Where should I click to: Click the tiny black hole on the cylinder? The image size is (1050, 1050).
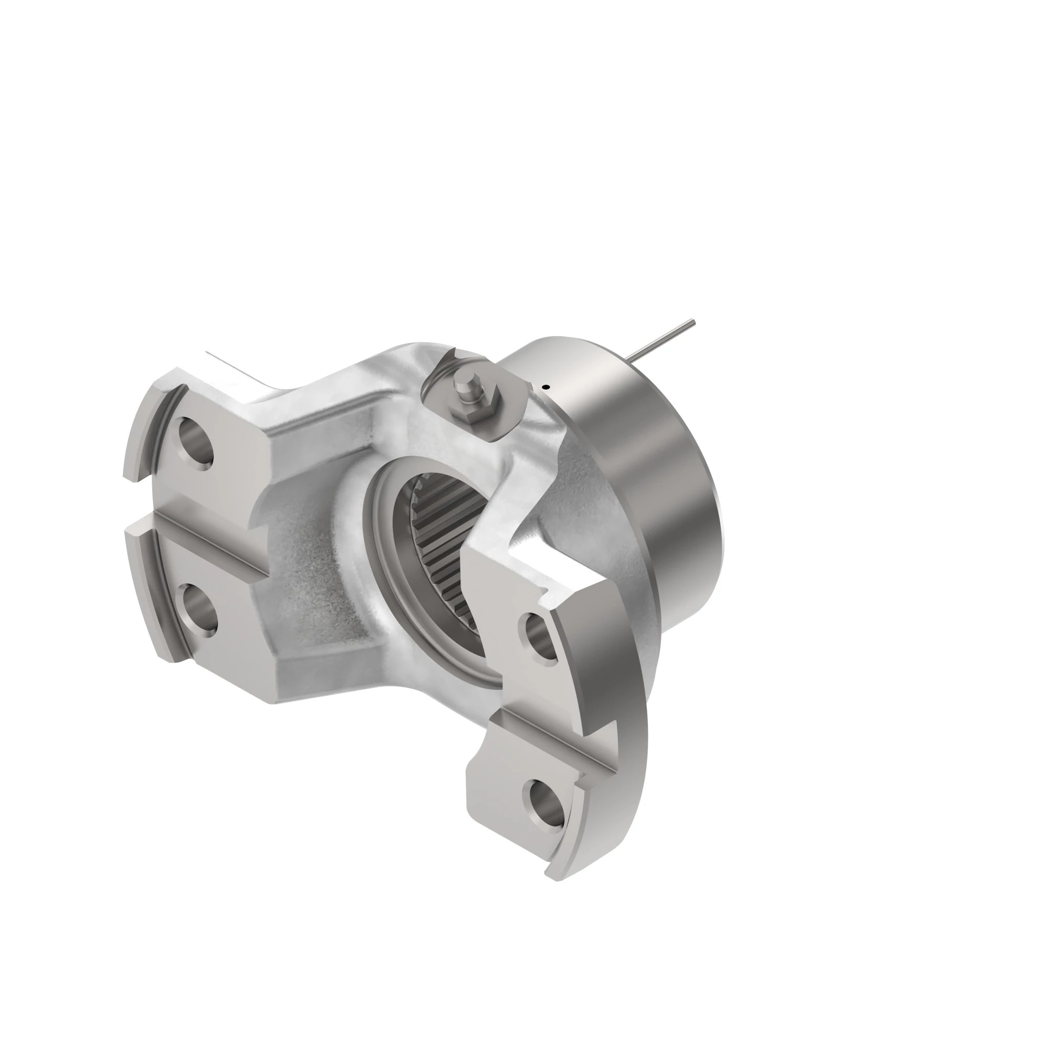547,387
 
